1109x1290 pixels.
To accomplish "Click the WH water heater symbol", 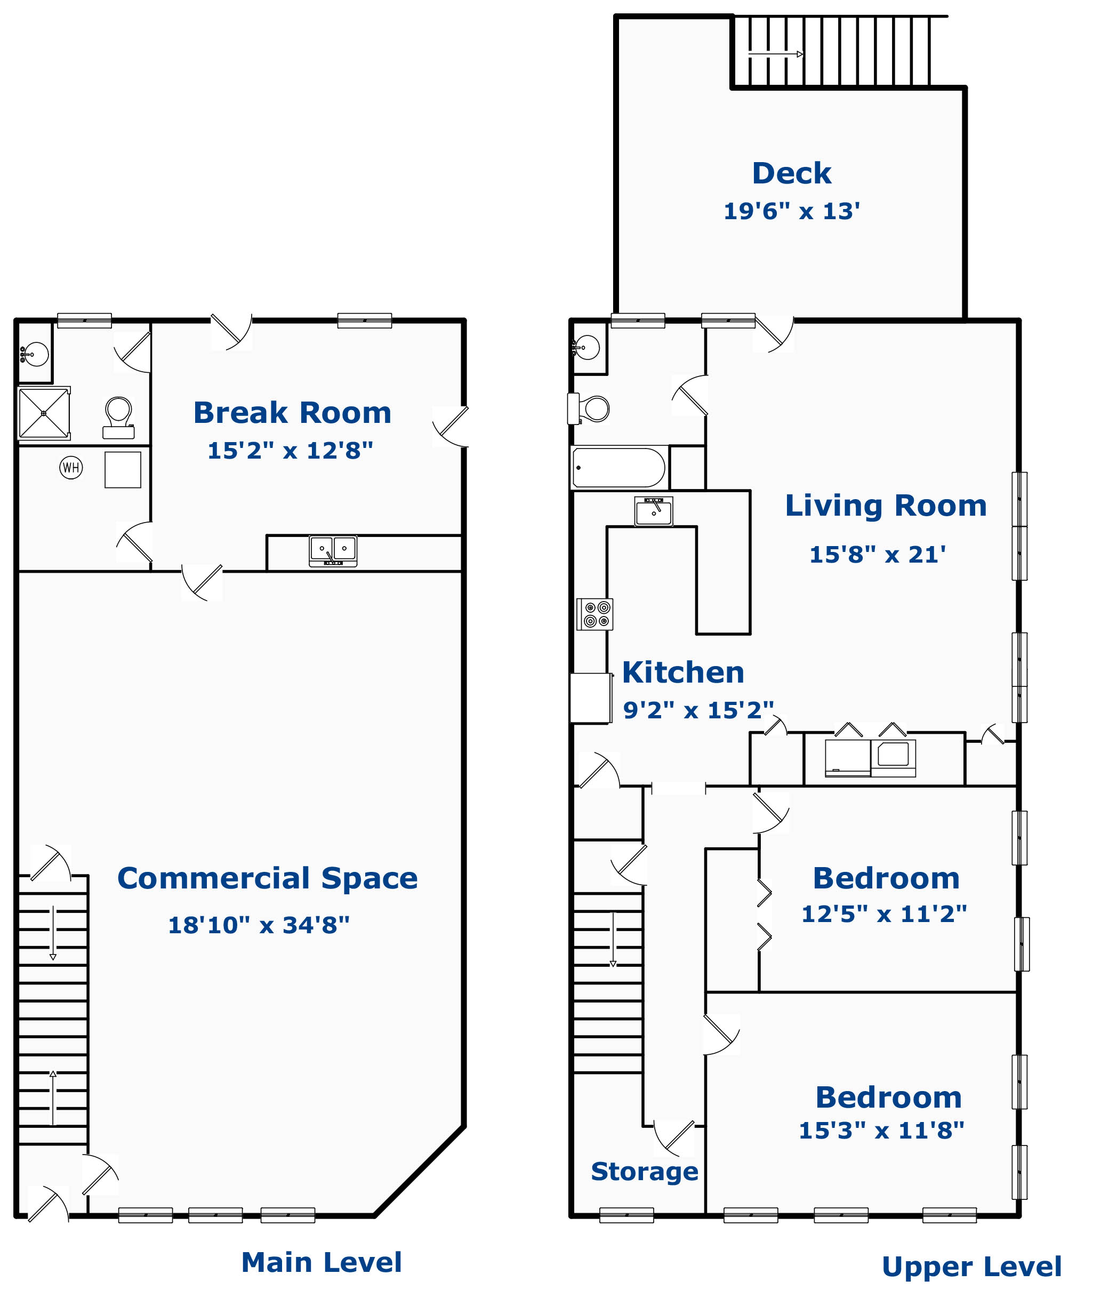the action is [x=71, y=467].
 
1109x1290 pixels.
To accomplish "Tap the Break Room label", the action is [x=293, y=412].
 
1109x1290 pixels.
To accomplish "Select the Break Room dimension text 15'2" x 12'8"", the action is [x=290, y=450].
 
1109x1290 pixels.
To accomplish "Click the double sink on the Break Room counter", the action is [x=333, y=551].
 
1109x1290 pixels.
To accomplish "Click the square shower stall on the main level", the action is [x=44, y=413].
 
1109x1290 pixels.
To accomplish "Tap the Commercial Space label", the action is [x=268, y=878].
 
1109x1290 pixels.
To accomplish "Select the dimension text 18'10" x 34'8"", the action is [x=259, y=925].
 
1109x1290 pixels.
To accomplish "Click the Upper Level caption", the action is [x=971, y=1267].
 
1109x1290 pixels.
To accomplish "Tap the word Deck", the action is [x=792, y=173].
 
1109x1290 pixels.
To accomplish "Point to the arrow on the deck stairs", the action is [x=775, y=54].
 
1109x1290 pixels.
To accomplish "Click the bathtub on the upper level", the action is [x=618, y=467].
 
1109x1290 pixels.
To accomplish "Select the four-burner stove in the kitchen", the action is [x=595, y=614].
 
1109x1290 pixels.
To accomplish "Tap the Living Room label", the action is [x=886, y=505].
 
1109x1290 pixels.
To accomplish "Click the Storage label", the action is [x=644, y=1172].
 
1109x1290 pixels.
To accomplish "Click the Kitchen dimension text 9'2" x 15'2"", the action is [x=699, y=710].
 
